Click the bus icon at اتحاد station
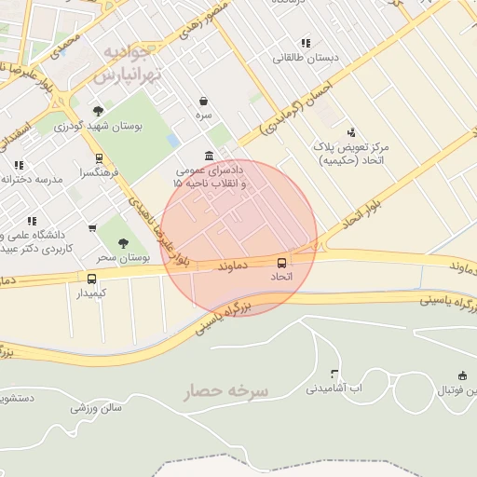[x=282, y=262]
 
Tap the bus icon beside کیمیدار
[x=91, y=279]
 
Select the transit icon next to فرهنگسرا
[x=100, y=158]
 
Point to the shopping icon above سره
[x=203, y=101]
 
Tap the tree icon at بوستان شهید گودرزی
[x=98, y=111]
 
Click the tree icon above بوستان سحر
[x=123, y=242]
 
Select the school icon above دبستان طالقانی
[x=306, y=43]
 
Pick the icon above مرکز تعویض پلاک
[x=350, y=132]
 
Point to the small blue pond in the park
[x=173, y=140]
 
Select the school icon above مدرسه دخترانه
[x=18, y=165]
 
